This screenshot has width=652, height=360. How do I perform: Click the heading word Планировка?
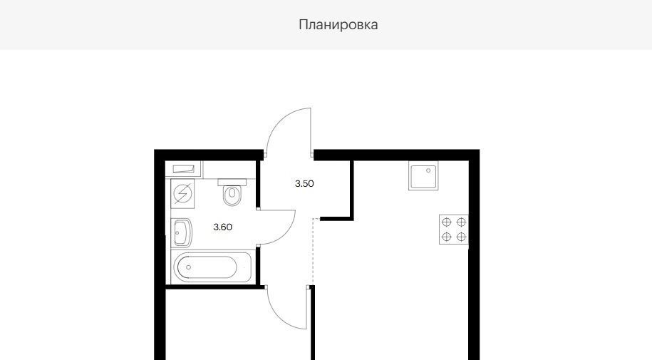[338, 24]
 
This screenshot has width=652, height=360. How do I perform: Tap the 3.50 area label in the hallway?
[304, 183]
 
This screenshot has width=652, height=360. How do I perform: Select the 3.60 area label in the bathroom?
[222, 227]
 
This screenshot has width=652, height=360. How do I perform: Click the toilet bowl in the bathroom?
[232, 195]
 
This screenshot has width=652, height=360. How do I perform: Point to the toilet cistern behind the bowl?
[232, 182]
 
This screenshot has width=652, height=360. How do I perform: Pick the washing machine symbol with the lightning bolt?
[182, 193]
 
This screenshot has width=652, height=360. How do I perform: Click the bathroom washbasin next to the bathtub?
[182, 233]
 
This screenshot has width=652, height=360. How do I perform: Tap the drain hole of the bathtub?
[188, 267]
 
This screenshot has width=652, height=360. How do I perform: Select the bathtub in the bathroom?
[212, 267]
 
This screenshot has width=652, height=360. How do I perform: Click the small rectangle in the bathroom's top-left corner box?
[183, 168]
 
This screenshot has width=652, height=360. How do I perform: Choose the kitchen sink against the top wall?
[423, 175]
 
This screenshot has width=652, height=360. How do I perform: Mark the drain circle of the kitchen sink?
[428, 170]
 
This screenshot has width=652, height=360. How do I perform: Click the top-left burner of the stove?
[447, 222]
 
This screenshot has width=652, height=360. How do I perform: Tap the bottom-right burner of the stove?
[461, 237]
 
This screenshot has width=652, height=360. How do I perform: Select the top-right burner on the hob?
[461, 222]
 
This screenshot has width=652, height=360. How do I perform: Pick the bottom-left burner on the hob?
[447, 237]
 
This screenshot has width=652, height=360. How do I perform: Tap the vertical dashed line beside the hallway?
[313, 252]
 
